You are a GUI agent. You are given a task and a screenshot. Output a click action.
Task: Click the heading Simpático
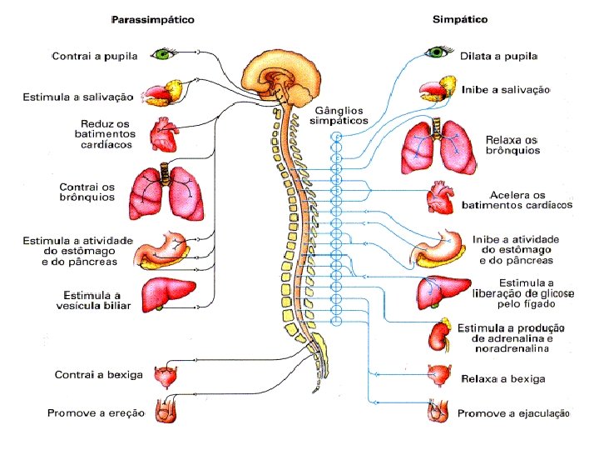459,18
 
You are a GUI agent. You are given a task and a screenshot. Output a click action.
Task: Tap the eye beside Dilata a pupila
438,53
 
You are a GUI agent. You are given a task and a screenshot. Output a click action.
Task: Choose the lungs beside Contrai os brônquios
170,191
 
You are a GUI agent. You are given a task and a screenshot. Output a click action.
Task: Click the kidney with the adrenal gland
439,333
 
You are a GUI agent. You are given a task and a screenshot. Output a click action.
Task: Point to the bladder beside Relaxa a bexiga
438,377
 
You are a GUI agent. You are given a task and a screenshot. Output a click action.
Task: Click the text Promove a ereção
96,413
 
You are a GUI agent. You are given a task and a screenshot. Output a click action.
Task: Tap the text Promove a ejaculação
513,413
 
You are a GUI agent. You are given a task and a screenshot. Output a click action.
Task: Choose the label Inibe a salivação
506,90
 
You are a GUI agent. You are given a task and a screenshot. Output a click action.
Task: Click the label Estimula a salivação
77,97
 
